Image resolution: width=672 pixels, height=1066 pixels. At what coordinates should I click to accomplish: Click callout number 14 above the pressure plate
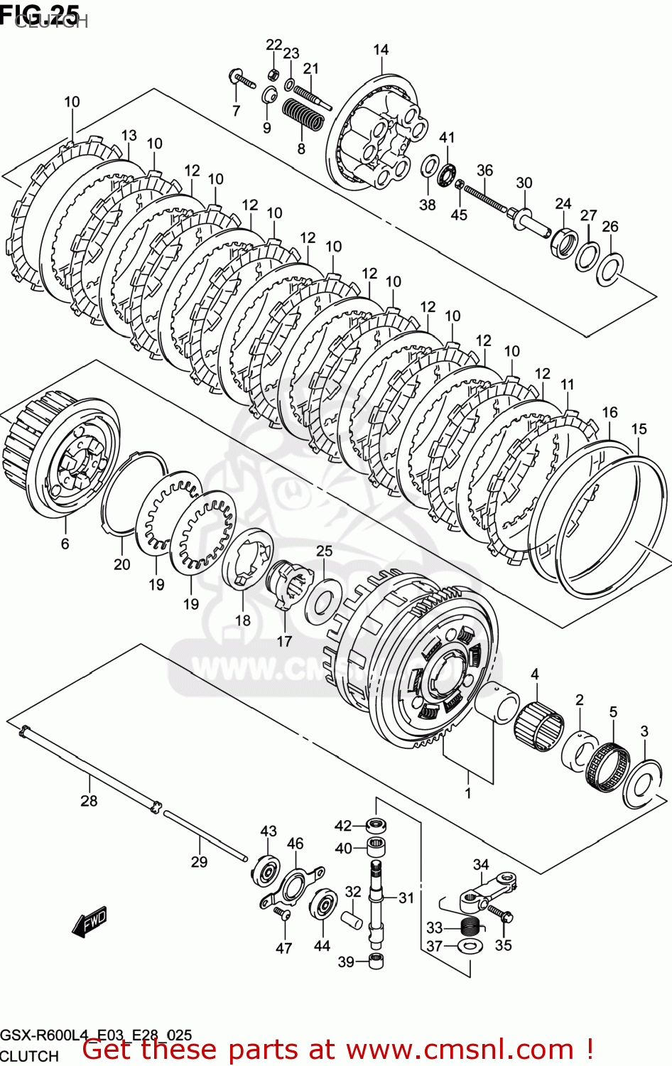pyautogui.click(x=381, y=50)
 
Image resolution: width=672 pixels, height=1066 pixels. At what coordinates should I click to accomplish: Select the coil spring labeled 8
pyautogui.click(x=303, y=117)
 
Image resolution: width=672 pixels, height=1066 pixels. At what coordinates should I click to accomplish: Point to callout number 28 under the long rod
pyautogui.click(x=89, y=801)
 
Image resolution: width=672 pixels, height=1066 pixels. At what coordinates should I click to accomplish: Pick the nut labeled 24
pyautogui.click(x=563, y=242)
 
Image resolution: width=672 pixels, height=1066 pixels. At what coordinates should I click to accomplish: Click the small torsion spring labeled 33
pyautogui.click(x=470, y=926)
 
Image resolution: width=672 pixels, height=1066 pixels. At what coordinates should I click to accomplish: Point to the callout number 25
pyautogui.click(x=324, y=551)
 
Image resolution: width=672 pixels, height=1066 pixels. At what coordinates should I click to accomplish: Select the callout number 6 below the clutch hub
pyautogui.click(x=65, y=544)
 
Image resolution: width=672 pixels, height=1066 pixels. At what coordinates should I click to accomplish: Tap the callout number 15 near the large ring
pyautogui.click(x=639, y=429)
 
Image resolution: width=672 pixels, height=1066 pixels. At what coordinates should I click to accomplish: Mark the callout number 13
pyautogui.click(x=129, y=136)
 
